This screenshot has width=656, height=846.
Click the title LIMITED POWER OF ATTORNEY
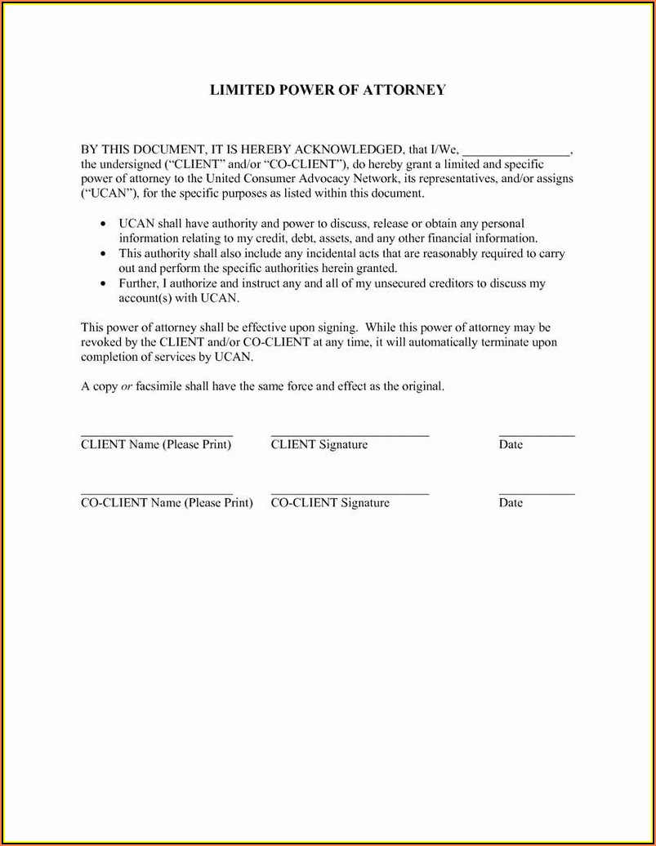tap(328, 90)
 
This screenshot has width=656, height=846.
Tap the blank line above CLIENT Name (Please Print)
tap(157, 435)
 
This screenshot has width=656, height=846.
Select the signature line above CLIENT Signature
tap(350, 435)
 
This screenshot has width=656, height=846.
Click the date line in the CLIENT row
tap(537, 435)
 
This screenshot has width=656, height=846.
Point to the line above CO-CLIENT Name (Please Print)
tap(157, 493)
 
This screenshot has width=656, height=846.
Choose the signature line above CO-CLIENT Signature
tap(350, 493)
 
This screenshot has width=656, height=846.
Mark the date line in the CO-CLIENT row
tap(537, 493)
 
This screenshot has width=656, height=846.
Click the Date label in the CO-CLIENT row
tap(511, 503)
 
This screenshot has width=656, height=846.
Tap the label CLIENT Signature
tap(319, 445)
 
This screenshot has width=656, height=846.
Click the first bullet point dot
tap(103, 224)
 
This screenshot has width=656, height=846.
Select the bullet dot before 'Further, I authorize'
tap(103, 284)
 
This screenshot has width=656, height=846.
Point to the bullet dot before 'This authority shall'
tap(103, 254)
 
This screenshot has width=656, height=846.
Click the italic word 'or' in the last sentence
tap(127, 387)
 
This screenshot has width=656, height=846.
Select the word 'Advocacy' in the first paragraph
tap(337, 179)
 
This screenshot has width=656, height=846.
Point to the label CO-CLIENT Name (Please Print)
tap(167, 503)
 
